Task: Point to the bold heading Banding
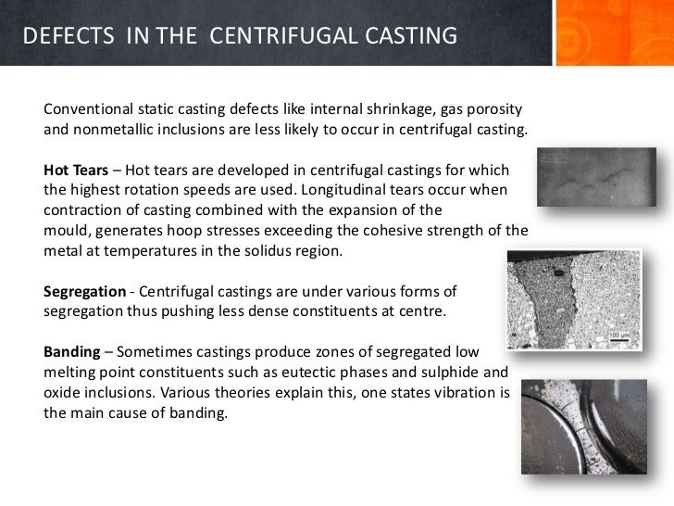coord(73,353)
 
